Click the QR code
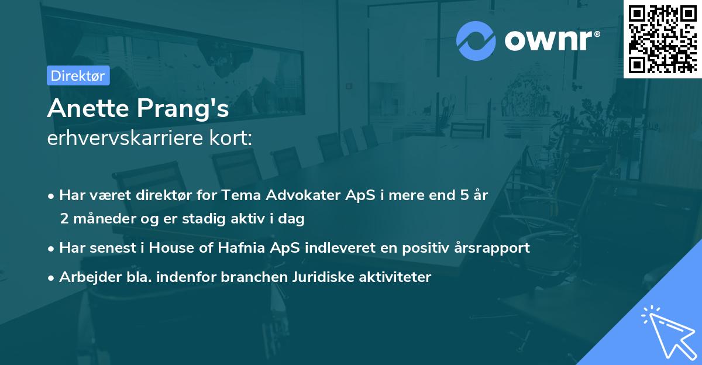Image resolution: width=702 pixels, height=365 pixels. [662, 39]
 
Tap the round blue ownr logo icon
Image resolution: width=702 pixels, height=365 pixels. [476, 40]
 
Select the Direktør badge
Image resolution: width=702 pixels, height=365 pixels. [78, 75]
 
